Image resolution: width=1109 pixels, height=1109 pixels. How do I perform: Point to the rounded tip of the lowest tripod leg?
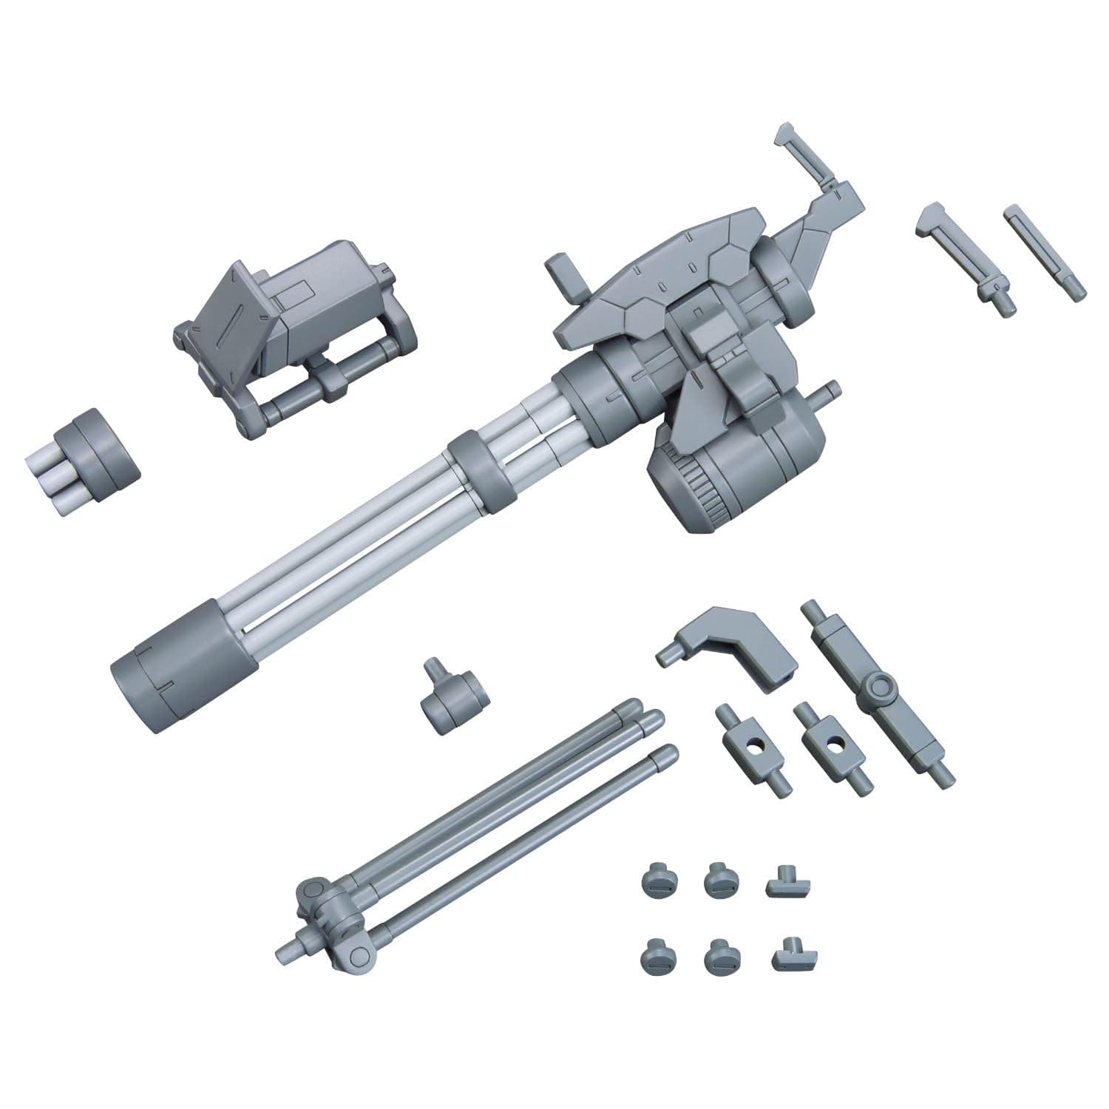[668, 754]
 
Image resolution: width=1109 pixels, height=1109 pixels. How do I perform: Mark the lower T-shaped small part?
[789, 955]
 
